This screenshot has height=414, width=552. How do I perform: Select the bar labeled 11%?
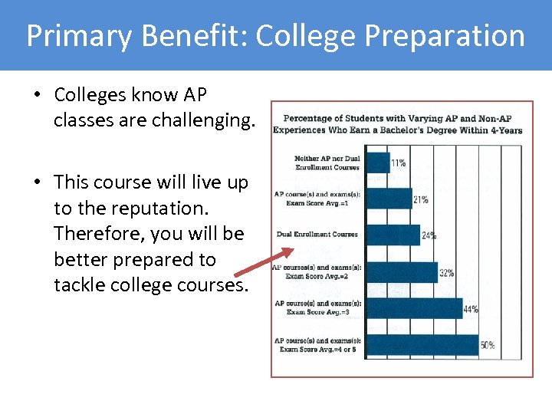click(x=377, y=162)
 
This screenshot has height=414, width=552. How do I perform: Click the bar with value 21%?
click(x=388, y=199)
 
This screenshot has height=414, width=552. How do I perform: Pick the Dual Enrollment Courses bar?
click(x=392, y=235)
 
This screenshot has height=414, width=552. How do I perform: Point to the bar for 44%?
click(x=413, y=307)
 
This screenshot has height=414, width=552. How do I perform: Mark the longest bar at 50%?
click(x=422, y=344)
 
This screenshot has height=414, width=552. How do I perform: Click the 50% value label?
click(x=488, y=345)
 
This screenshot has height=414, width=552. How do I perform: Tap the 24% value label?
click(x=429, y=236)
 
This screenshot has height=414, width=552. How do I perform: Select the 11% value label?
click(x=399, y=163)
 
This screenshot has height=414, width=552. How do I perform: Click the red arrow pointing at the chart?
click(x=263, y=263)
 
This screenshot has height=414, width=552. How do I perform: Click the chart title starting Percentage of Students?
click(x=402, y=124)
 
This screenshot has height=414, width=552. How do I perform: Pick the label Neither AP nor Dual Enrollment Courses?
click(x=327, y=163)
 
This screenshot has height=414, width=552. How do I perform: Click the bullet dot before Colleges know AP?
click(x=37, y=96)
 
